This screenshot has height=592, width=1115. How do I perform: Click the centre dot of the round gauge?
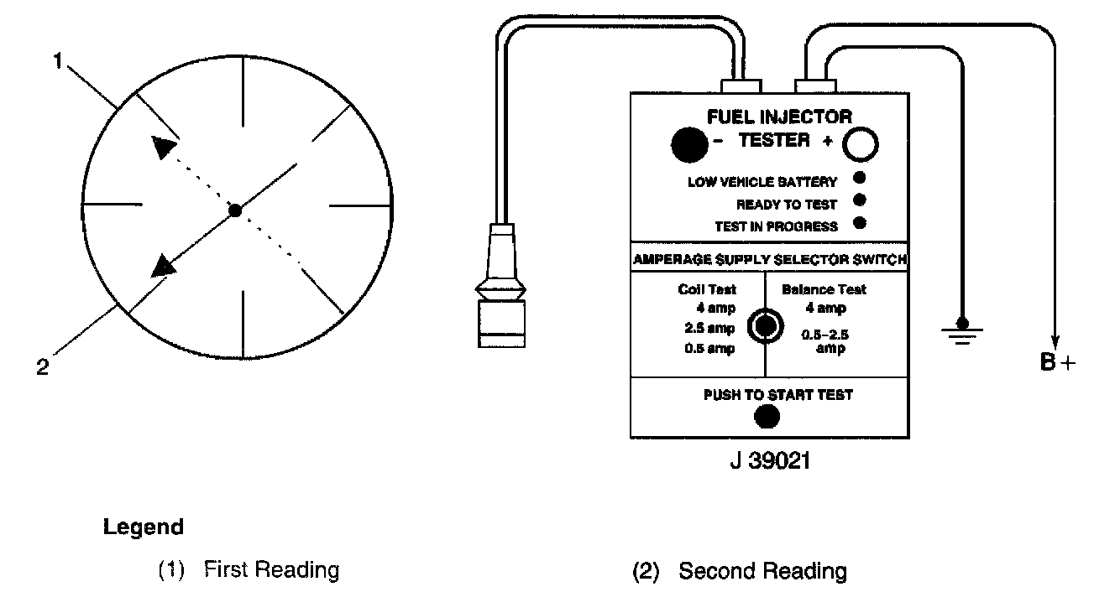(x=236, y=210)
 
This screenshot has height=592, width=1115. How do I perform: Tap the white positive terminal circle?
(x=861, y=145)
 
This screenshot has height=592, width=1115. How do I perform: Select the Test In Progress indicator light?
(x=859, y=224)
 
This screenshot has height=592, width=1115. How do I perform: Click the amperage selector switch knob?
(x=765, y=326)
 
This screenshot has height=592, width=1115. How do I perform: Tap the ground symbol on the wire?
(x=962, y=332)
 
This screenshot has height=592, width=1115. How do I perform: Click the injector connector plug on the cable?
(x=500, y=289)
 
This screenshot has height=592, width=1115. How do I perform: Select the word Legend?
(x=143, y=527)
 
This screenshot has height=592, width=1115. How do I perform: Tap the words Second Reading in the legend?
(x=762, y=572)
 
